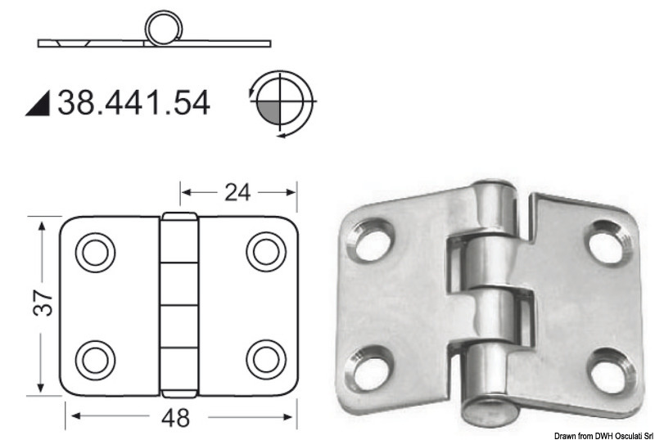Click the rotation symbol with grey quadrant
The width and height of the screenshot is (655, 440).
tap(280, 103)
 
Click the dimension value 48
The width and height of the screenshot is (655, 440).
tap(174, 417)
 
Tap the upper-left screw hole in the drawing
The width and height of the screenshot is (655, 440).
tap(96, 252)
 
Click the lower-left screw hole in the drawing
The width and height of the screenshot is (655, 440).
tap(96, 358)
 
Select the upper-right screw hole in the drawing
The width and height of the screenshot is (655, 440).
tap(265, 252)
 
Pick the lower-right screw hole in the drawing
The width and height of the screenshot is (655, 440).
tap(265, 358)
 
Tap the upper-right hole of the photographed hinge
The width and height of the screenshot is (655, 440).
tap(607, 240)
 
